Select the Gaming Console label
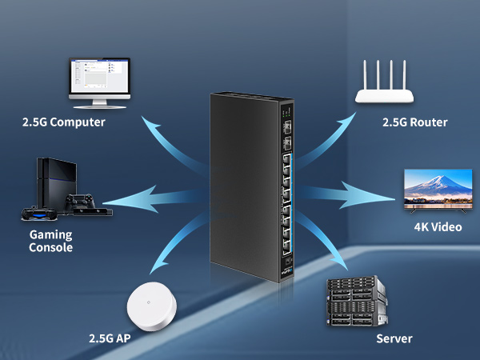click(x=51, y=241)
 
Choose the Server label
click(x=394, y=339)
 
